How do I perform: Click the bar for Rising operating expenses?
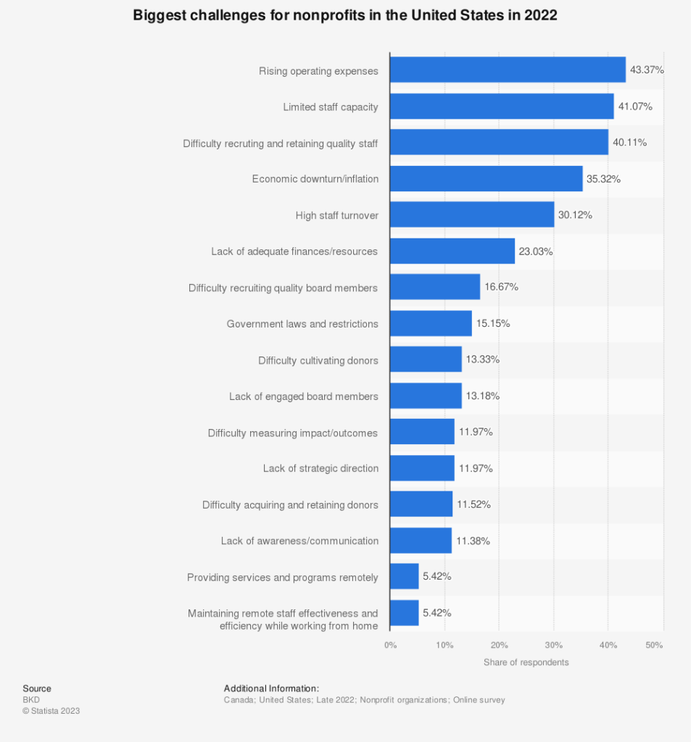click(x=508, y=70)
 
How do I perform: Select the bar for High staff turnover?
click(x=471, y=215)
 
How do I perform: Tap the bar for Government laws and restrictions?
click(x=431, y=323)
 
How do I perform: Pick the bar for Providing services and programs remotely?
click(x=404, y=577)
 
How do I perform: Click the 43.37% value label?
click(x=647, y=70)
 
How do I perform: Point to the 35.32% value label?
click(x=603, y=179)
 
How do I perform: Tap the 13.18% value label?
click(x=482, y=396)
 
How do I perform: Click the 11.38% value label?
click(x=473, y=541)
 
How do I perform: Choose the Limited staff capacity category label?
click(x=330, y=107)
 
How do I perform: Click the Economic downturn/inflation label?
click(x=315, y=179)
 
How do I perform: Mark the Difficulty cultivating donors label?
click(x=318, y=360)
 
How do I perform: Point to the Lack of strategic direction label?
click(x=320, y=469)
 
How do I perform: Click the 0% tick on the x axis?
click(x=390, y=645)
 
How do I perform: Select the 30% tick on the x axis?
click(x=553, y=645)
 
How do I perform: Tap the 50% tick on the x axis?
click(x=654, y=645)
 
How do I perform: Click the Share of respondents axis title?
click(x=526, y=662)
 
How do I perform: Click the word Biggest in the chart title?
click(x=156, y=16)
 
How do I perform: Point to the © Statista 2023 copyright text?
click(x=51, y=711)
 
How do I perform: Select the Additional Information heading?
click(x=271, y=688)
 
